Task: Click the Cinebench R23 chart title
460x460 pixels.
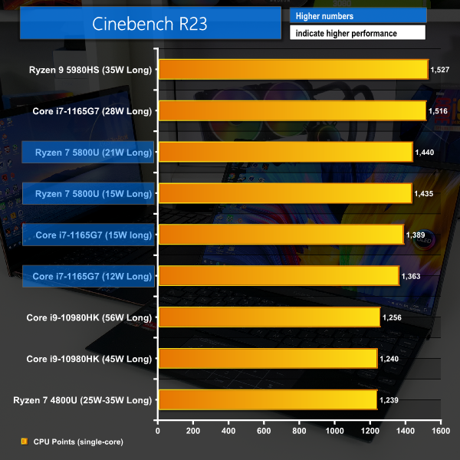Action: point(149,24)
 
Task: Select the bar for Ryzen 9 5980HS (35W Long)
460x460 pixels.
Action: point(292,70)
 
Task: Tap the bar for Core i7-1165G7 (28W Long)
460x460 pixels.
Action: point(291,110)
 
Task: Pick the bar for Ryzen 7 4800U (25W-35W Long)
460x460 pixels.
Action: point(267,399)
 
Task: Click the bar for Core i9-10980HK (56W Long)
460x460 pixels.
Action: point(268,317)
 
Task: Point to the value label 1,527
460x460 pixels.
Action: point(440,70)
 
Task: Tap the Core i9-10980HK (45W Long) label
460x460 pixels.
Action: point(89,358)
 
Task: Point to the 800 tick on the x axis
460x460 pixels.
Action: point(299,432)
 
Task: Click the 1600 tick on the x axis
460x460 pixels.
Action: point(440,432)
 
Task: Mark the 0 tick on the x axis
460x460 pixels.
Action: point(158,432)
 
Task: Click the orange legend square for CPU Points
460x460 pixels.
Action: point(24,442)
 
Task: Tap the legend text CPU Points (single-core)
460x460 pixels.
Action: point(78,442)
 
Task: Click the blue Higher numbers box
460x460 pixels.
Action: point(357,15)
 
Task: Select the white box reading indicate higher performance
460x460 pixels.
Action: point(357,33)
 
